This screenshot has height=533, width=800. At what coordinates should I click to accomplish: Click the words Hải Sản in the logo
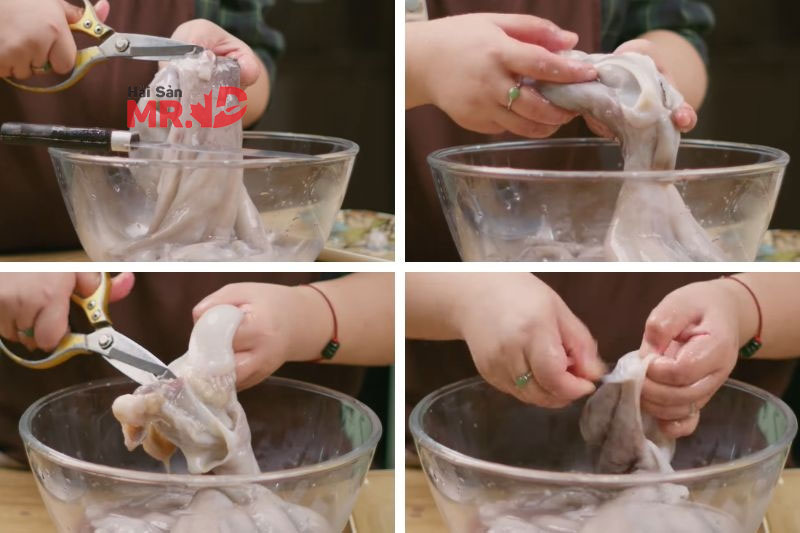pyautogui.click(x=155, y=93)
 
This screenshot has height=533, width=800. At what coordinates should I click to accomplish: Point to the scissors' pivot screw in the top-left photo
pyautogui.click(x=121, y=45)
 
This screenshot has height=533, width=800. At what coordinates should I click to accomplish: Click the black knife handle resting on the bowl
pyautogui.click(x=56, y=133)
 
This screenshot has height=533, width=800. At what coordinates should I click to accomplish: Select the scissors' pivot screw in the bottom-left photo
pyautogui.click(x=106, y=341)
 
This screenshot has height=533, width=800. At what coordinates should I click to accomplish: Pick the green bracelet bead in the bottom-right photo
pyautogui.click(x=749, y=347)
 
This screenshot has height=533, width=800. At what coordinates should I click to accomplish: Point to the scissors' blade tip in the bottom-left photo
pyautogui.click(x=172, y=376)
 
